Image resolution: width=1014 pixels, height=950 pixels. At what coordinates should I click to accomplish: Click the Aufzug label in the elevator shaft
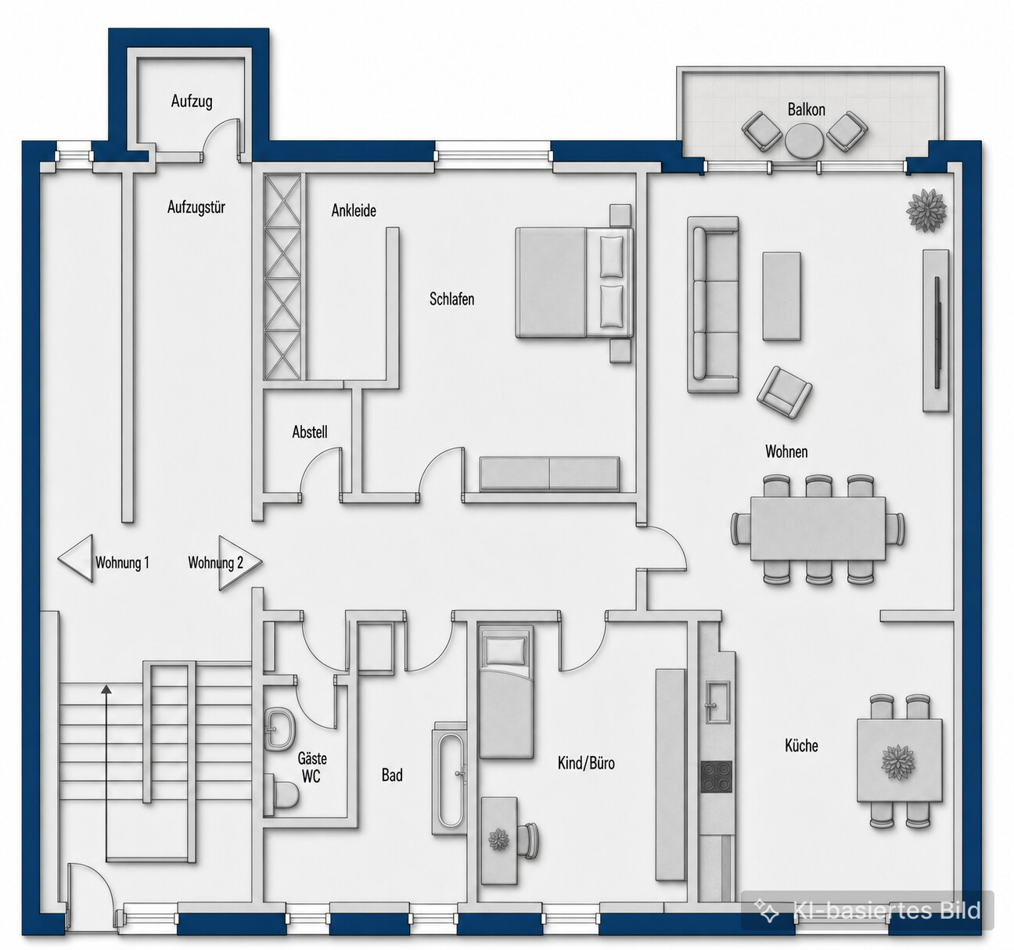[x=192, y=101]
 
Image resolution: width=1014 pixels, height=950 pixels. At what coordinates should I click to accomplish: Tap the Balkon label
[x=806, y=110]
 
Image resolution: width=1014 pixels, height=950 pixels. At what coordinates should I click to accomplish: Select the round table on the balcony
[x=804, y=140]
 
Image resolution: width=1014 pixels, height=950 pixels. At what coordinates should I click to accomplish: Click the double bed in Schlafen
[x=574, y=283]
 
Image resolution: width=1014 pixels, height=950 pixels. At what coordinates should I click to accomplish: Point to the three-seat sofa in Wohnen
[x=713, y=304]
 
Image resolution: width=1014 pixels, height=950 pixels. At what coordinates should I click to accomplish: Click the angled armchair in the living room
[x=784, y=392]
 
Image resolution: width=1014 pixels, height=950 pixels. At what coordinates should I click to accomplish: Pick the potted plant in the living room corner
[x=926, y=210]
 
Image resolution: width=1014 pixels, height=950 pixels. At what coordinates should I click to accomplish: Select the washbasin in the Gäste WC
[x=279, y=729]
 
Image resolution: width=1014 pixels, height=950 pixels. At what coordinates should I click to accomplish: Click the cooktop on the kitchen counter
[x=716, y=777]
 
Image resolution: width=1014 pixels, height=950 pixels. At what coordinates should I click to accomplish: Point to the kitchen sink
[x=717, y=702]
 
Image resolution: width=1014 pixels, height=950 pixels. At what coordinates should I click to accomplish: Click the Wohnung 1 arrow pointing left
[x=76, y=558]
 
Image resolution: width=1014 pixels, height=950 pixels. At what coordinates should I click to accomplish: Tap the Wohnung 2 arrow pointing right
[x=240, y=563]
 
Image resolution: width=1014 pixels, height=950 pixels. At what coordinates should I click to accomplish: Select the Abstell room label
[x=309, y=432]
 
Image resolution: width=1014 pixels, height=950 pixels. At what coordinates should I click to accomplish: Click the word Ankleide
[x=354, y=211]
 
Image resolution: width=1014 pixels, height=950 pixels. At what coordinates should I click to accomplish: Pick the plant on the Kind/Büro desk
[x=499, y=839]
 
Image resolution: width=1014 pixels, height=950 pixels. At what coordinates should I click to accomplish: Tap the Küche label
[x=801, y=746]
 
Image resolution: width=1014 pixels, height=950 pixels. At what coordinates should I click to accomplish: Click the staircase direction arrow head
[x=106, y=689]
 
